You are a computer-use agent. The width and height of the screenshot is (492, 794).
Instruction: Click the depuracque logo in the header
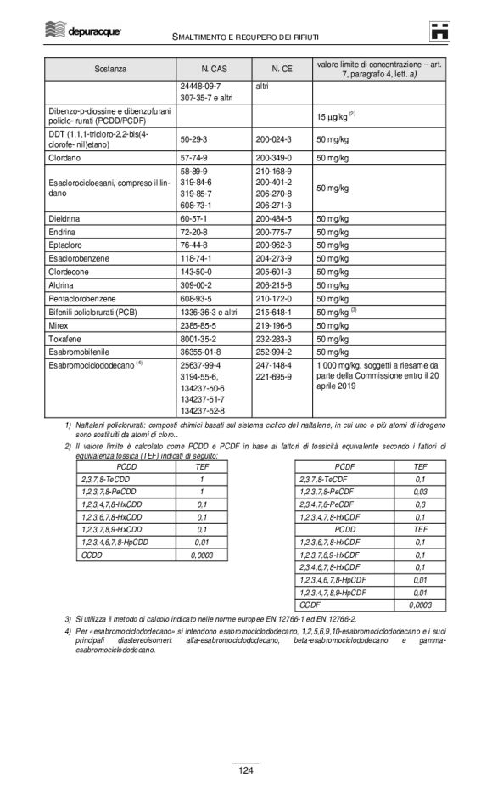pyautogui.click(x=82, y=31)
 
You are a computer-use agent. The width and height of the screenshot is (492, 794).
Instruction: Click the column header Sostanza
pyautogui.click(x=110, y=66)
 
